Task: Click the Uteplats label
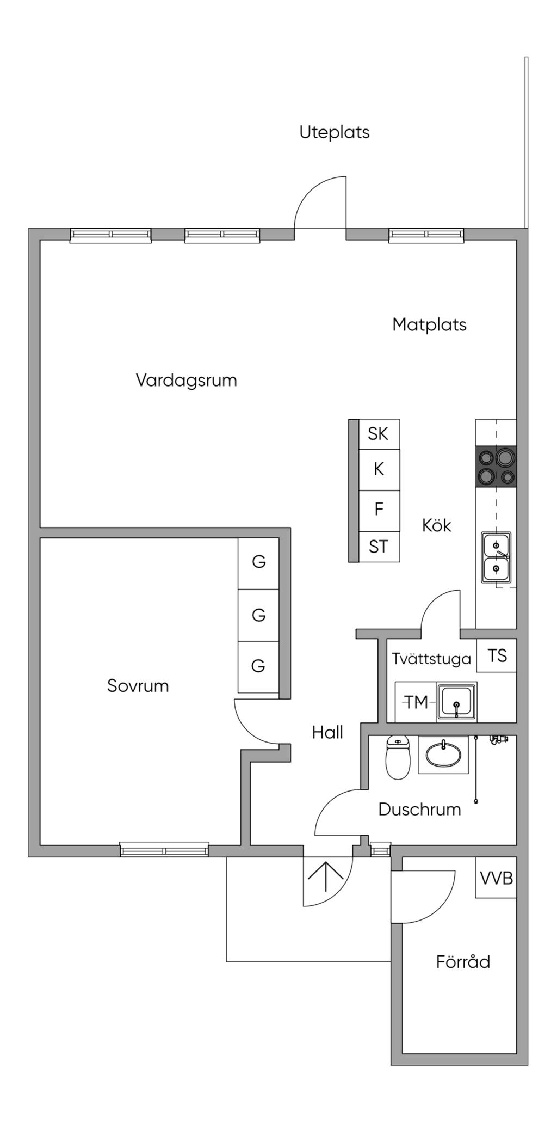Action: coord(334,132)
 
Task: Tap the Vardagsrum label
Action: coord(186,380)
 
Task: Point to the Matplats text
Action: coord(429,324)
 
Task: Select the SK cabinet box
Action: coord(379,434)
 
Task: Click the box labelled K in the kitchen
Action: coord(379,469)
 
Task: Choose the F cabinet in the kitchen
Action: coord(379,510)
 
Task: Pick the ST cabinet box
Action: coord(379,547)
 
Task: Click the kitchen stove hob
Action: coord(496,467)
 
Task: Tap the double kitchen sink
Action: coord(496,557)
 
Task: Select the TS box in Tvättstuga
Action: coord(497,656)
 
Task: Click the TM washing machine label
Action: coord(416,702)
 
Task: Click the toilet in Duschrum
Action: coord(398,757)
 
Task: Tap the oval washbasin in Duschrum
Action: coord(443,755)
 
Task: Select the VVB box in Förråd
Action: coord(496,878)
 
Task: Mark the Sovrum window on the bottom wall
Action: coord(164,850)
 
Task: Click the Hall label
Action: coord(327,733)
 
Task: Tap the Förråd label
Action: coord(463,961)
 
